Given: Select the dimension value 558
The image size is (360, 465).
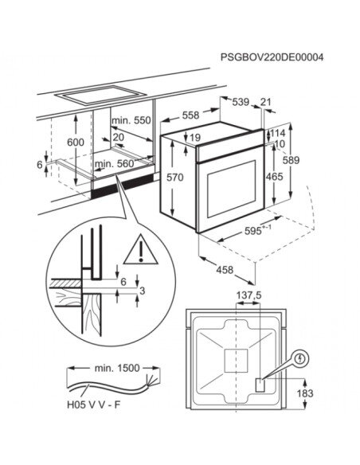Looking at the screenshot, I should click(191, 115).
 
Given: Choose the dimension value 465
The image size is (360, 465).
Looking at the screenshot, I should click(273, 177).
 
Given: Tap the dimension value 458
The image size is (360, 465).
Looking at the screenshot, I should click(225, 270).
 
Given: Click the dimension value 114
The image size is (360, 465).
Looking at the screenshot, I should click(277, 132).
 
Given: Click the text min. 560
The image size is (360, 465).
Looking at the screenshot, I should click(115, 164).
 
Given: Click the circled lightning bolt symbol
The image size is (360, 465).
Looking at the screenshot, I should click(300, 359).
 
